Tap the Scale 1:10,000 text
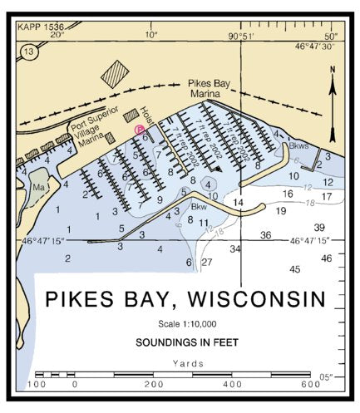pyautogui.click(x=185, y=323)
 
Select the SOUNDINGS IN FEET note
pyautogui.click(x=184, y=342)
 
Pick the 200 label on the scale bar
pyautogui.click(x=154, y=385)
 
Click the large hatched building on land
pyautogui.click(x=115, y=74)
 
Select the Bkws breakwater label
pyautogui.click(x=299, y=145)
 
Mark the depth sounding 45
pyautogui.click(x=294, y=269)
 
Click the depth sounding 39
pyautogui.click(x=319, y=228)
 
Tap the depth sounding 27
pyautogui.click(x=207, y=263)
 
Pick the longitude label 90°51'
pyautogui.click(x=240, y=36)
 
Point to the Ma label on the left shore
pyautogui.click(x=38, y=188)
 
